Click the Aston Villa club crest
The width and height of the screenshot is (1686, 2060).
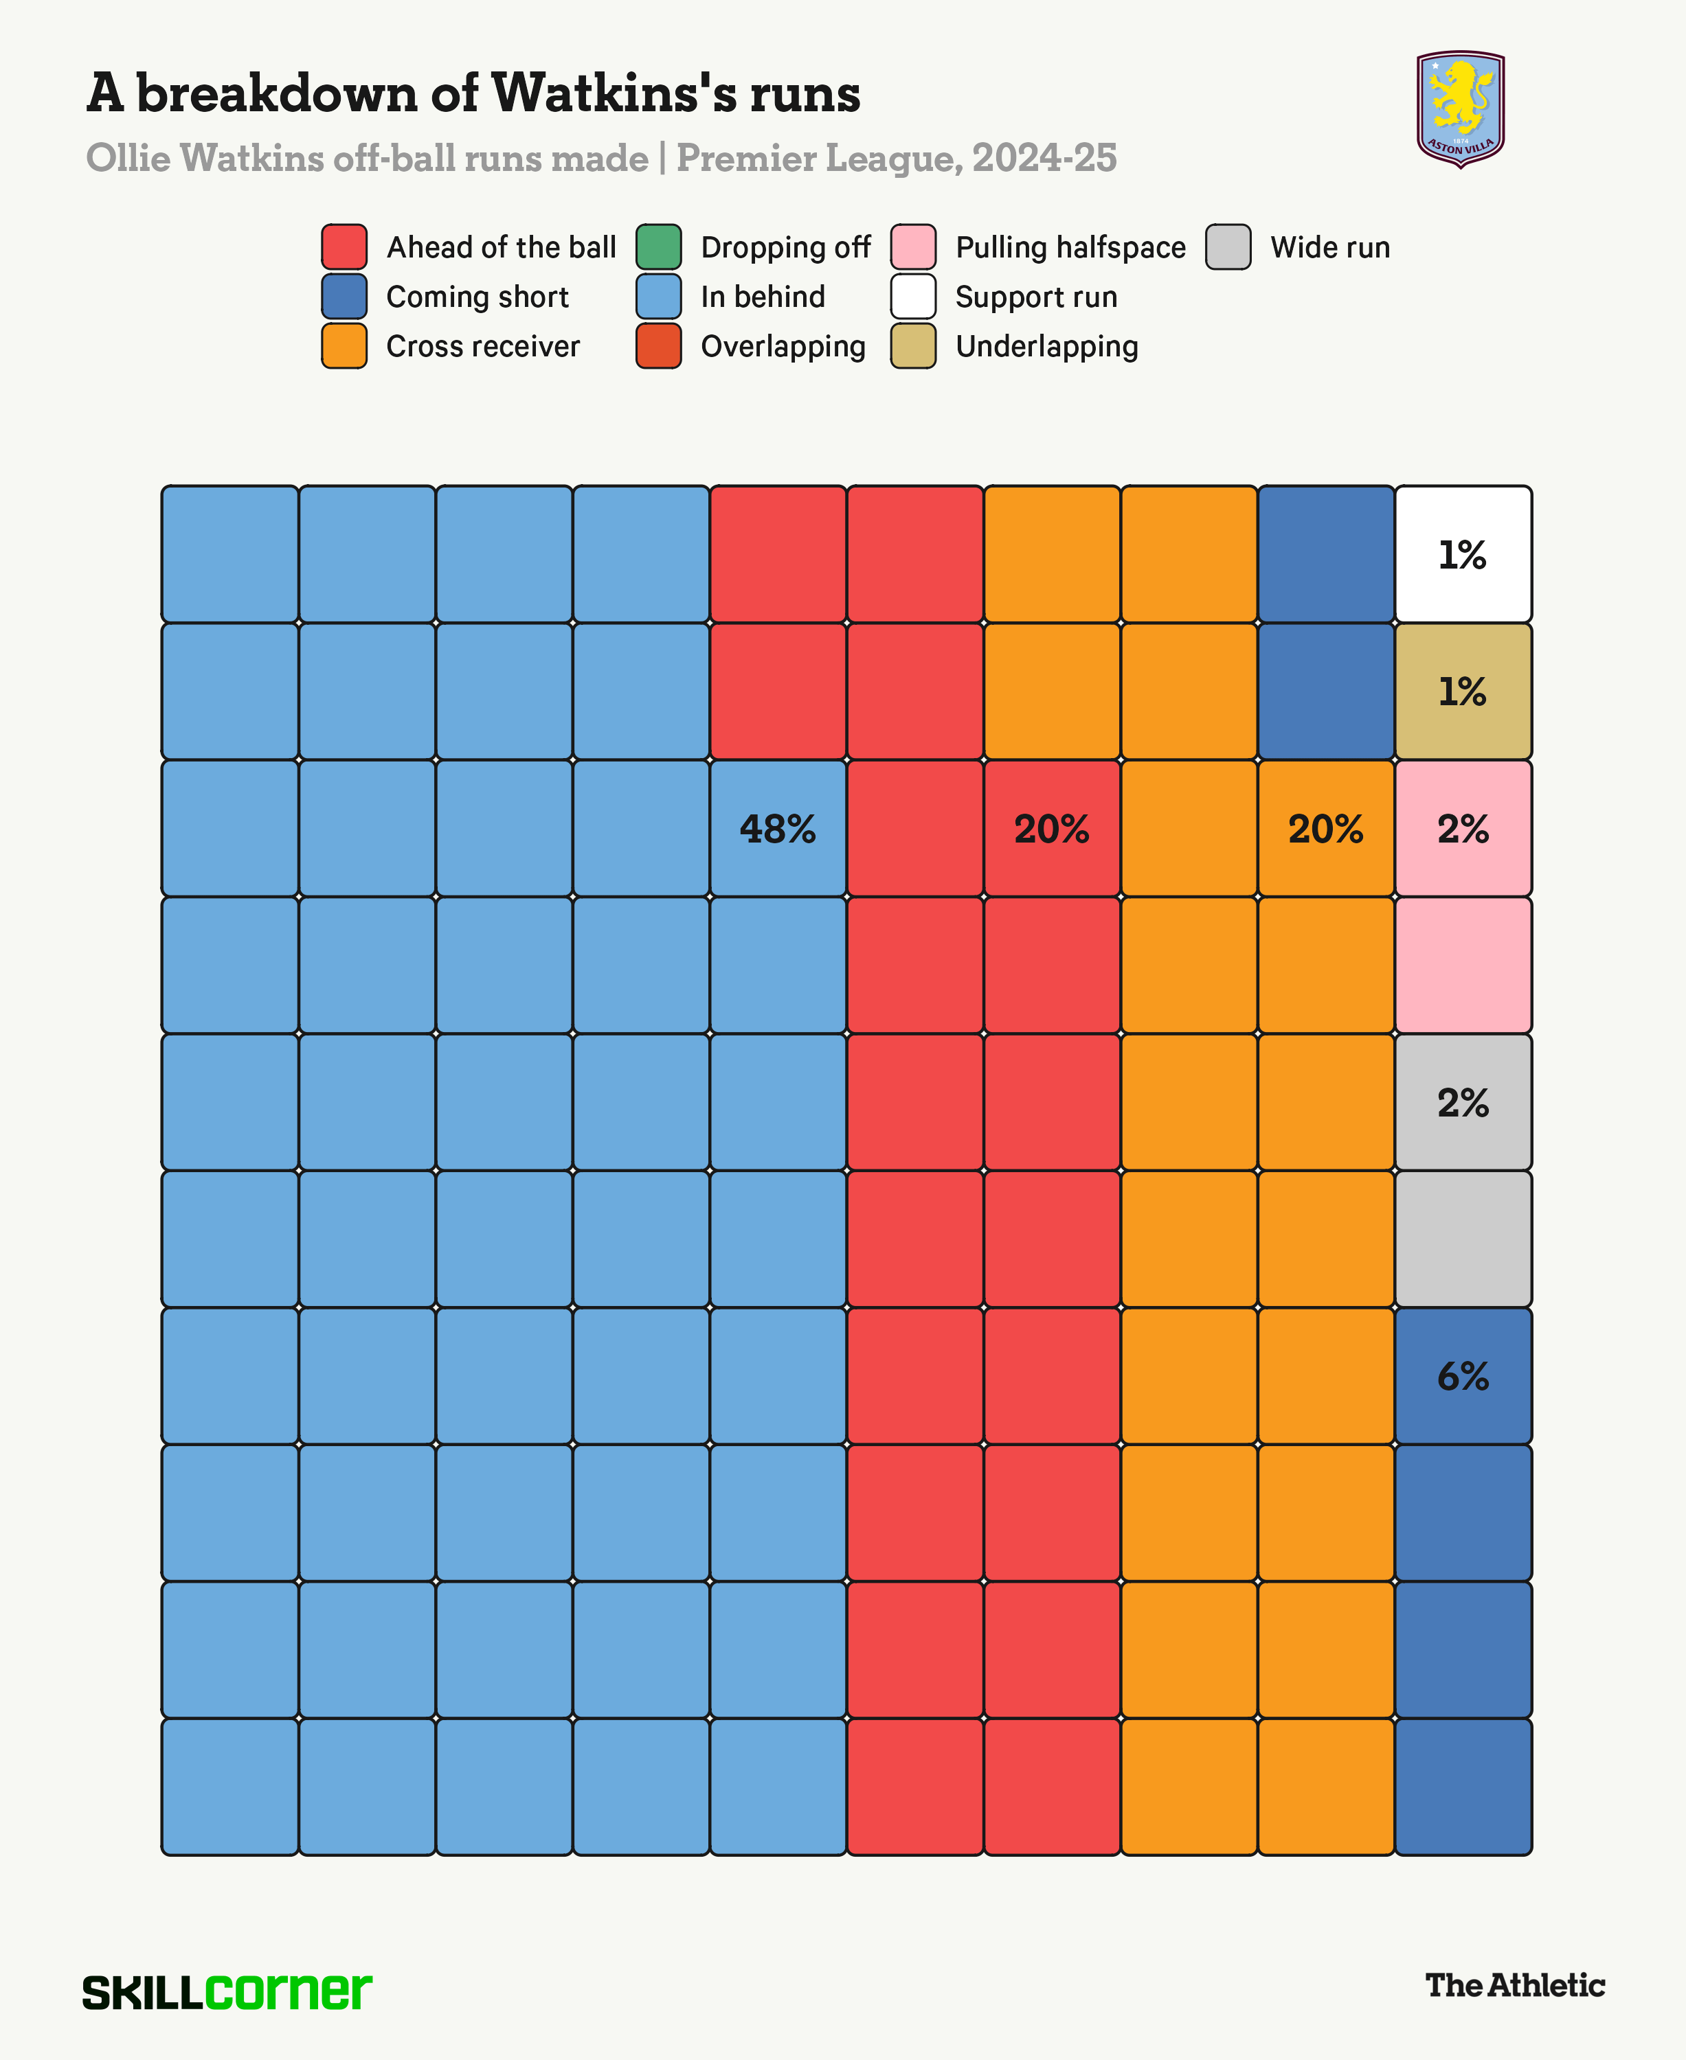click(1460, 108)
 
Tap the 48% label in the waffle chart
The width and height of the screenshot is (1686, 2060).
click(777, 829)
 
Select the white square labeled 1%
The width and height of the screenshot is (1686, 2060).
click(1463, 554)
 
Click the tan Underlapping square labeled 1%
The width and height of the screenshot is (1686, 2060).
click(1463, 691)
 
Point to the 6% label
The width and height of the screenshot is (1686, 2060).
click(1463, 1377)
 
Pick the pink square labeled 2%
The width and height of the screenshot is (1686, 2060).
click(1463, 829)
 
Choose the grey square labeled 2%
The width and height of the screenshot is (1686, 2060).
click(1463, 1103)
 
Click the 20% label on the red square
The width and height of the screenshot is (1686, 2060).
click(1051, 829)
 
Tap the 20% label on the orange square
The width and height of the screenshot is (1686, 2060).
click(1326, 829)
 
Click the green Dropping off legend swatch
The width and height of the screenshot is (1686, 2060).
click(658, 247)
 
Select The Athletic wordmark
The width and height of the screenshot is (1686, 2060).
click(1514, 1985)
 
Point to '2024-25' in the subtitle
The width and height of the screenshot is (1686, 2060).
click(1044, 158)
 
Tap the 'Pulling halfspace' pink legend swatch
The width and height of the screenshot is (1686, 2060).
click(913, 247)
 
